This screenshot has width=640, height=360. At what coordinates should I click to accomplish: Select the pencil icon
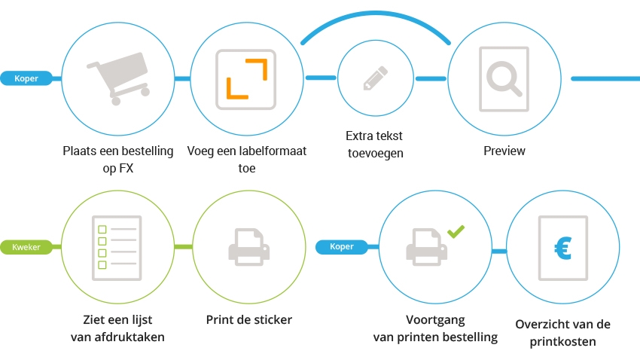(x=375, y=78)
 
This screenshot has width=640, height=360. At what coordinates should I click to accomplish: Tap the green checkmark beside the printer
(x=456, y=231)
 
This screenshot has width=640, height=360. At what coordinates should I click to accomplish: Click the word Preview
(x=504, y=151)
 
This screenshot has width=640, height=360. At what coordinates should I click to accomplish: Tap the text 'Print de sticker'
(x=248, y=319)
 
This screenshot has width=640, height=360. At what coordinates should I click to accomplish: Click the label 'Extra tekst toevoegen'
(x=375, y=145)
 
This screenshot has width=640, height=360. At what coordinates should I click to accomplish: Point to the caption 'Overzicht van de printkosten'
(x=562, y=333)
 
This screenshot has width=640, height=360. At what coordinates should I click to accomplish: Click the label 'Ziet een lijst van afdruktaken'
(x=117, y=328)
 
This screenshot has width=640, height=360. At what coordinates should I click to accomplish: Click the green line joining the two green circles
(x=184, y=246)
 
